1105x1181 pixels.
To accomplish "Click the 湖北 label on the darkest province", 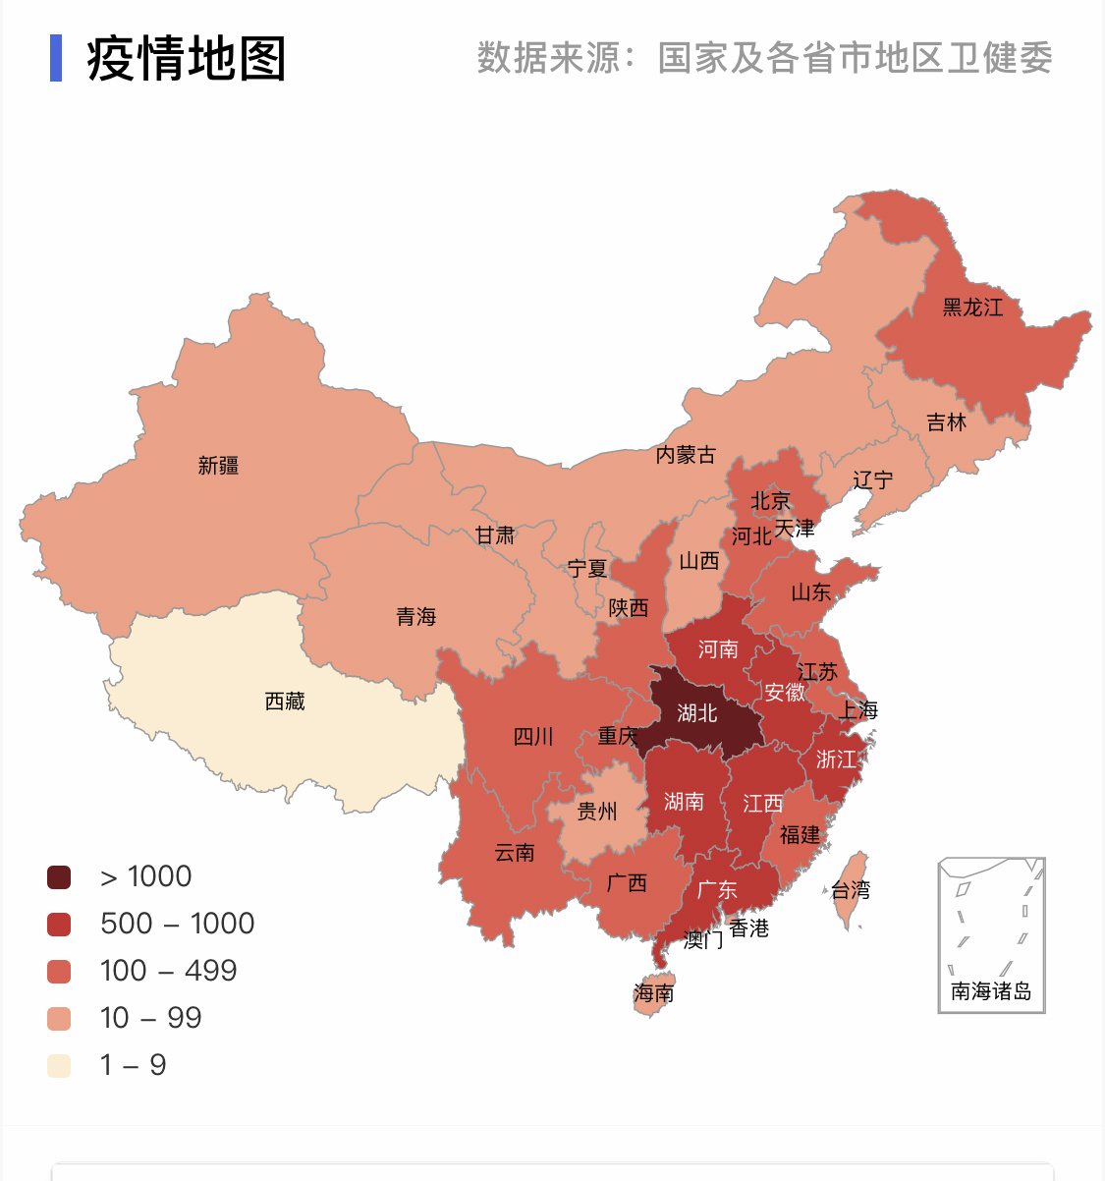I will (697, 713).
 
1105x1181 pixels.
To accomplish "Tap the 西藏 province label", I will (285, 702).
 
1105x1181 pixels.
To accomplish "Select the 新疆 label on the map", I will (218, 466).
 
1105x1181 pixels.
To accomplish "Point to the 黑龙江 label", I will (972, 308).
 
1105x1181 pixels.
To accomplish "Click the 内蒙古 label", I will (686, 455).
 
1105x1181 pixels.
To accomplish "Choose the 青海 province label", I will (415, 617).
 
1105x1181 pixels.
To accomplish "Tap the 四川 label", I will (533, 737).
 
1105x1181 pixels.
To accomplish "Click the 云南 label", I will (515, 853).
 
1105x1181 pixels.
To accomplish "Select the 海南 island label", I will (653, 993).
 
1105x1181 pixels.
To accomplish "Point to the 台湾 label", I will (851, 890).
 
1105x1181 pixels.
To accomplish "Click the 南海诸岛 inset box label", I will (991, 991).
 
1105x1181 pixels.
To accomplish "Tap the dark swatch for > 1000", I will (59, 877).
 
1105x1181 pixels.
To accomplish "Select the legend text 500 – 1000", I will (177, 924).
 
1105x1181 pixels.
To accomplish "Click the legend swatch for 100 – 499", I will (59, 972).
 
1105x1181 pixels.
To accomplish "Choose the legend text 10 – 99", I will (150, 1018).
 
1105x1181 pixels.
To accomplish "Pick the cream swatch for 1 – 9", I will (59, 1066).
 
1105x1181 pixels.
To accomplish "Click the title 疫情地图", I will (187, 59).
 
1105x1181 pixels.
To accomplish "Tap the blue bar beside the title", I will (56, 58).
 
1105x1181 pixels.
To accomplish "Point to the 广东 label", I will (716, 890).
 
